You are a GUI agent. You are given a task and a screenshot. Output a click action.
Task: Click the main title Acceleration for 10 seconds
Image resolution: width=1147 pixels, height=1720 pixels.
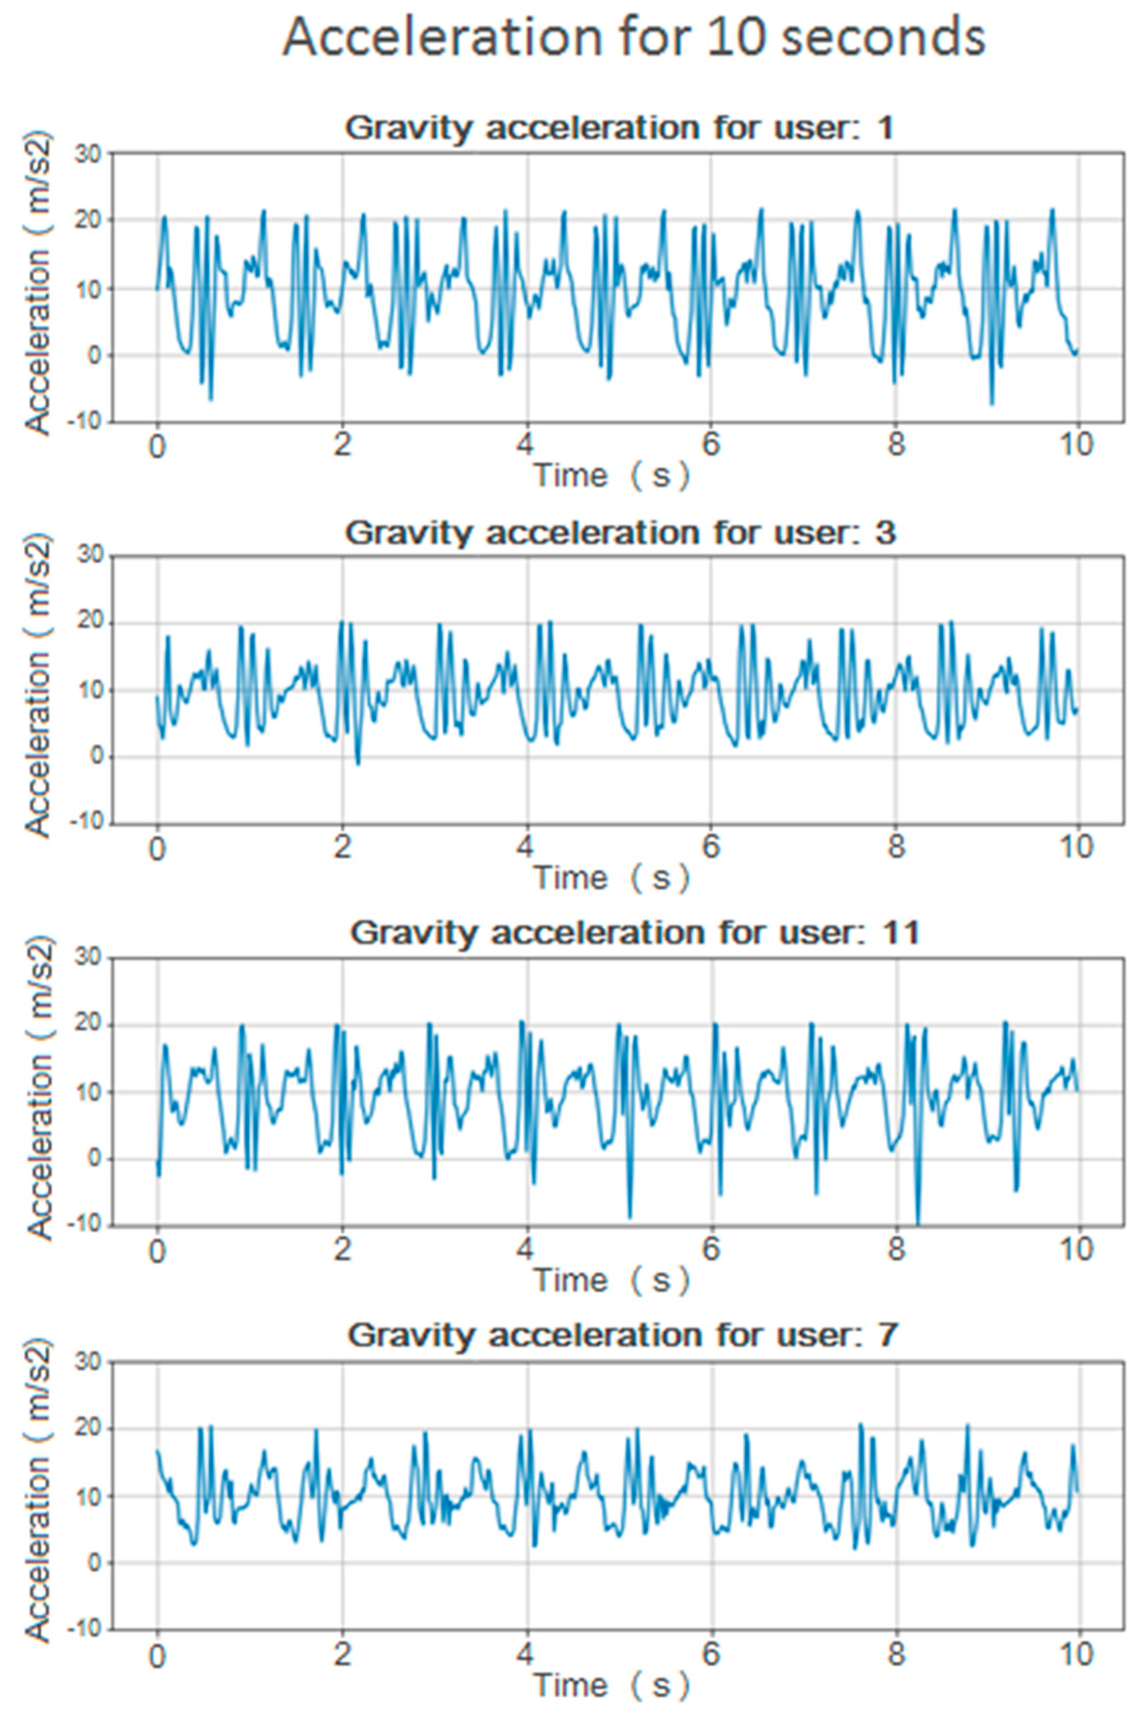633,38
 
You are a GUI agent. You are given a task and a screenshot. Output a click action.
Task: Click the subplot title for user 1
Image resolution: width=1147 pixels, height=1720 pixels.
619,128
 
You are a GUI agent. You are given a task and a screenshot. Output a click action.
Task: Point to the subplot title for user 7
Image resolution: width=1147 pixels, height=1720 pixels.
622,1335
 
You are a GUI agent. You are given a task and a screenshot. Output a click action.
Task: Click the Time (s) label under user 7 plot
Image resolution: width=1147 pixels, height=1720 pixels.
612,1685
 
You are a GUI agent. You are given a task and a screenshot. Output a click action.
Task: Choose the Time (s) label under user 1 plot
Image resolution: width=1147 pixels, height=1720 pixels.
612,476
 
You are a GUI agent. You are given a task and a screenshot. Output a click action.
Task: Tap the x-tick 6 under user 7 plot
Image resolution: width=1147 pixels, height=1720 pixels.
710,1653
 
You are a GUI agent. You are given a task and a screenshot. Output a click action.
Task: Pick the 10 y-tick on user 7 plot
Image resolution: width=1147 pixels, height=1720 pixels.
90,1495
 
